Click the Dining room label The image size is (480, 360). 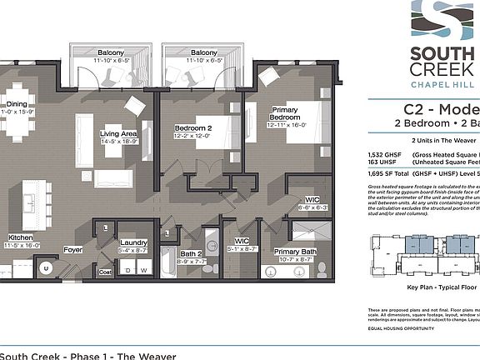[17, 104]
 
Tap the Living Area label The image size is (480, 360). [118, 132]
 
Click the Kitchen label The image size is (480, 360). [21, 237]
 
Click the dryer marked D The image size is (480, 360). [128, 270]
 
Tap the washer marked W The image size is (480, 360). [145, 270]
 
